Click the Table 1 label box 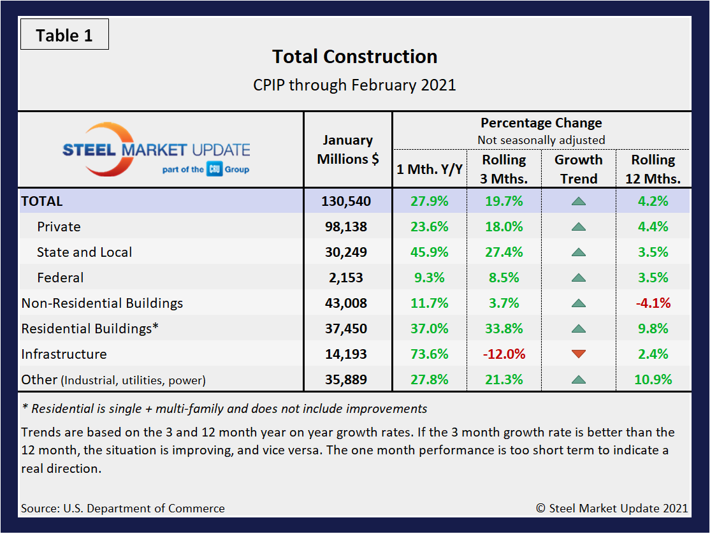coord(64,35)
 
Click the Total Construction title coord(354,57)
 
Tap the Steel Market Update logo coord(156,150)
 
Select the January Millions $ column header coord(347,150)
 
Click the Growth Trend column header coord(579,169)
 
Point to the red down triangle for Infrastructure coord(579,354)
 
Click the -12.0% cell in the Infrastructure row coord(504,354)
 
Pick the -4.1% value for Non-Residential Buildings coord(653,303)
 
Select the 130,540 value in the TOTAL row coord(347,201)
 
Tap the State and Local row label coord(84,252)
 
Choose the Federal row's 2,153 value coord(347,278)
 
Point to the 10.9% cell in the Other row coord(653,380)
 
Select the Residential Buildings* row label coord(90,329)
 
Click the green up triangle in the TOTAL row coord(579,201)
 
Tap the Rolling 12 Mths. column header coord(653,169)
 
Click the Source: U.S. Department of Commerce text coord(122,509)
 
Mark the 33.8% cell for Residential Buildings coord(504,329)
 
